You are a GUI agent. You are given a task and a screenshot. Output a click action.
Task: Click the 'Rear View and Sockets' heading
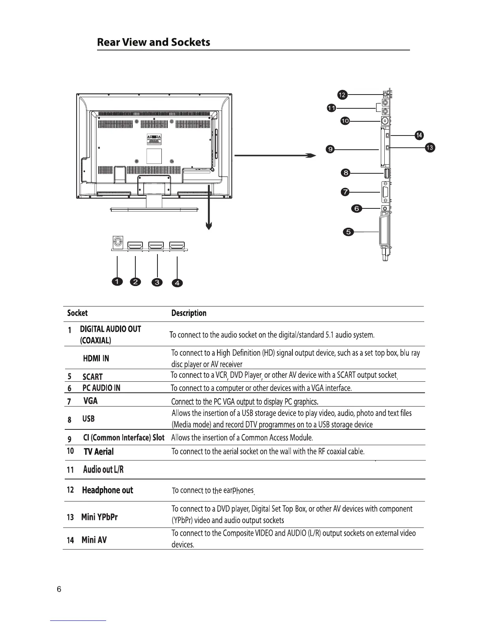coord(154,42)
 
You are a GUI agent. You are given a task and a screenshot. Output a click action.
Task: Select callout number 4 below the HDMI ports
coord(177,283)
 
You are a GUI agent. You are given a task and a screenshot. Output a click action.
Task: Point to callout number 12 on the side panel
coord(342,95)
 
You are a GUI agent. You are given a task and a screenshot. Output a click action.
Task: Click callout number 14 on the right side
coord(419,136)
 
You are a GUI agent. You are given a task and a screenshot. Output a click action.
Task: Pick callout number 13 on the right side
coord(430,148)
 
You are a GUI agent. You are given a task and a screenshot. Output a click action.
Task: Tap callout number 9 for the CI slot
coord(330,149)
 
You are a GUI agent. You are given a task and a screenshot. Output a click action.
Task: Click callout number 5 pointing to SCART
coord(348,232)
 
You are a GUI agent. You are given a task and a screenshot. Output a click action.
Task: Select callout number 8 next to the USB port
coord(346,173)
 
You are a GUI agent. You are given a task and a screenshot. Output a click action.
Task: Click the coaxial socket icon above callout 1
coord(117,241)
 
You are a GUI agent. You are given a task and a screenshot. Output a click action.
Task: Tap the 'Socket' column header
coord(77,313)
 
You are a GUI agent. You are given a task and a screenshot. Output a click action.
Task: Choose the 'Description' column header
coord(189,313)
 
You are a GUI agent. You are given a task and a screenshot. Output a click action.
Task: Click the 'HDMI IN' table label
coord(96,358)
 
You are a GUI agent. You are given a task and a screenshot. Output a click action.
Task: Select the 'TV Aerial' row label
coord(99,452)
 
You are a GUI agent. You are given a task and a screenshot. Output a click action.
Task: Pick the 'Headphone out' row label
coord(107,490)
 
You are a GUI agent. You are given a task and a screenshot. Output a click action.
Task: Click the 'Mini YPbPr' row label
coord(99,517)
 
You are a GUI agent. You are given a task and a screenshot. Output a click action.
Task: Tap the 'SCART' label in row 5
coord(92,377)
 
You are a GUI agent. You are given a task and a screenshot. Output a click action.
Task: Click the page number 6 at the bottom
coord(59,589)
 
